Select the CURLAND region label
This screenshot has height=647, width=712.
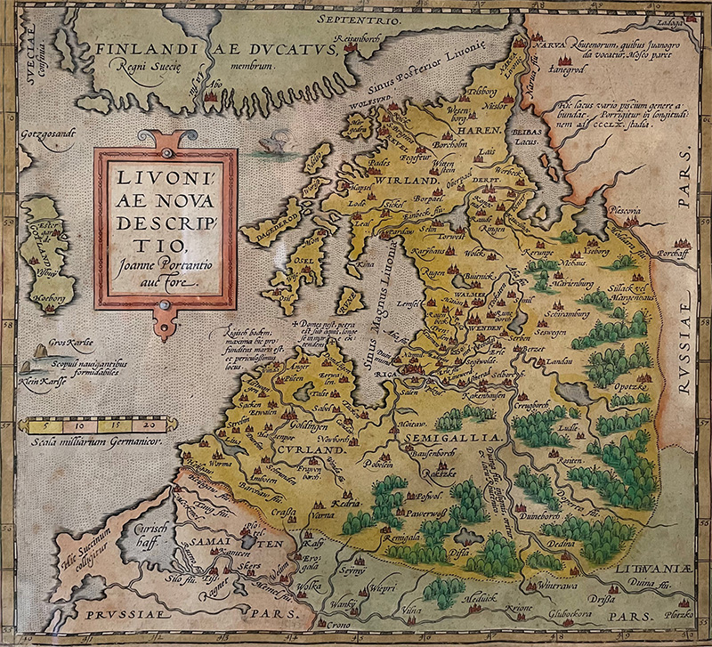tap(316, 451)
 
